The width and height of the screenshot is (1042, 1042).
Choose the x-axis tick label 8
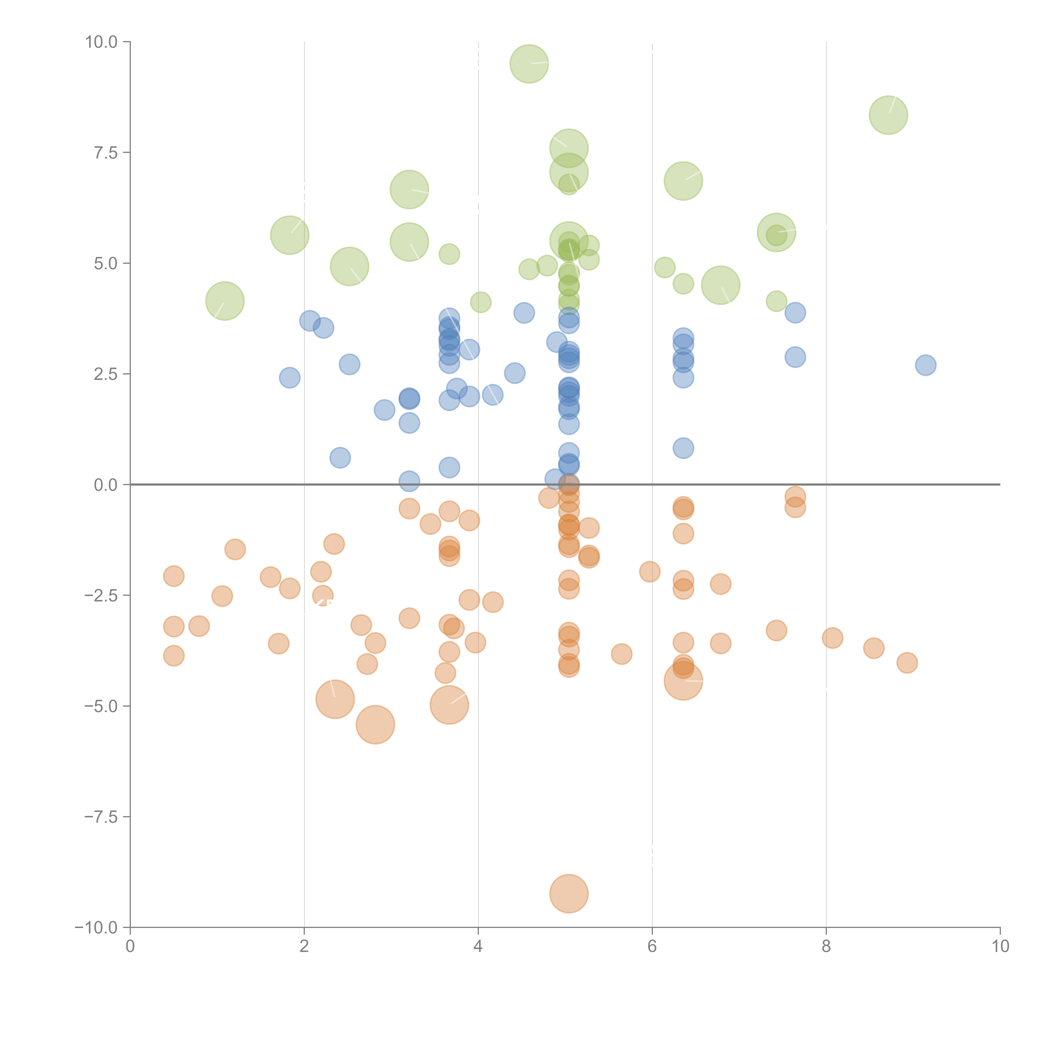click(x=826, y=947)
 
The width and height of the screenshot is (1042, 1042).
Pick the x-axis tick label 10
click(x=1000, y=947)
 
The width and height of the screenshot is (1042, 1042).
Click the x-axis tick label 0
click(x=130, y=947)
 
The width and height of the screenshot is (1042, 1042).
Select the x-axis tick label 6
click(x=652, y=947)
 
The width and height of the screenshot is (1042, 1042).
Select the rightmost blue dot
click(x=926, y=365)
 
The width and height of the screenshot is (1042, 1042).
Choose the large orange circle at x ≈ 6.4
click(x=683, y=681)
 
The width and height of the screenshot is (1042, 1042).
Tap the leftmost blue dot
click(x=290, y=378)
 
